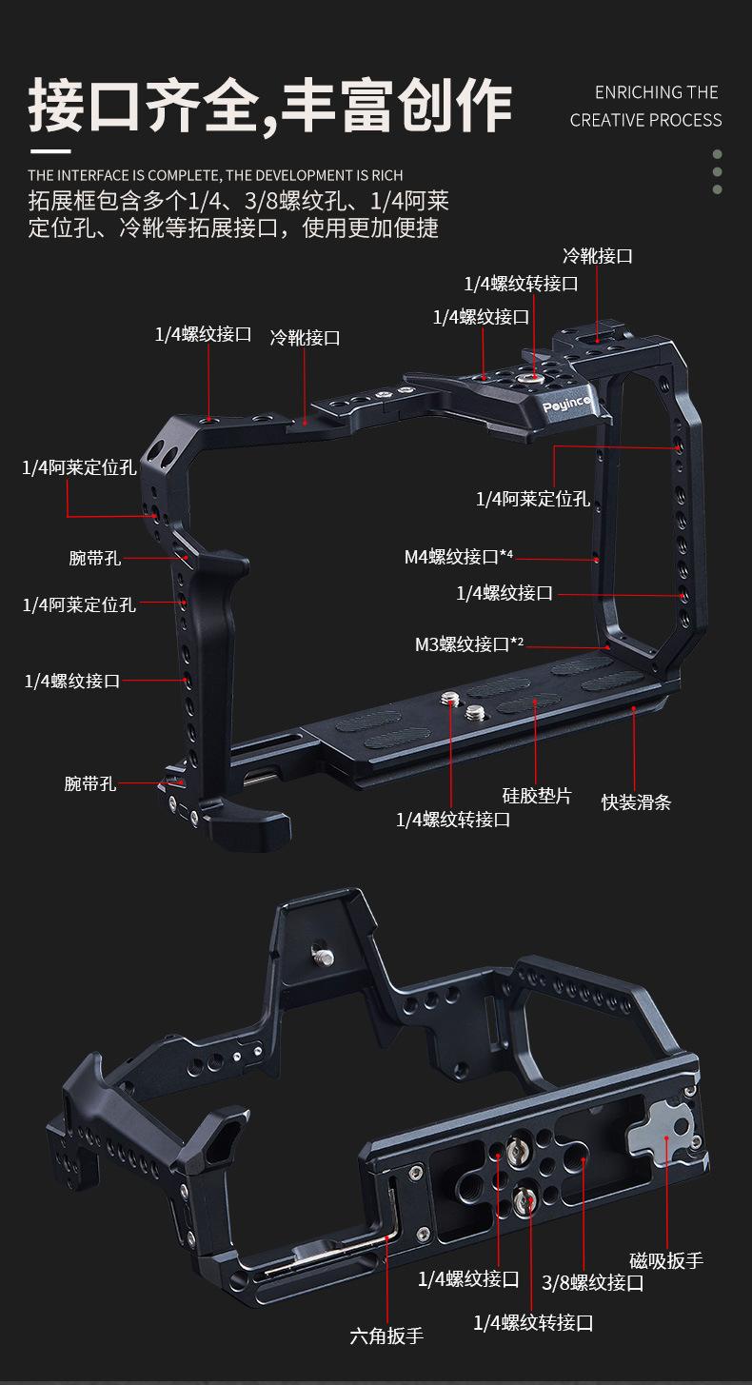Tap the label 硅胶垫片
pyautogui.click(x=537, y=796)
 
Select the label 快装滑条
pyautogui.click(x=636, y=801)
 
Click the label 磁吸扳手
pyautogui.click(x=666, y=1260)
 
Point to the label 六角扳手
pyautogui.click(x=386, y=1336)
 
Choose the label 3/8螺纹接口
pyautogui.click(x=592, y=1282)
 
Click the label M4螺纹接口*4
pyautogui.click(x=458, y=557)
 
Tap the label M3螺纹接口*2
pyautogui.click(x=468, y=644)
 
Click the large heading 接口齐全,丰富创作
pyautogui.click(x=270, y=105)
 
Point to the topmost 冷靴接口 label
pyautogui.click(x=598, y=256)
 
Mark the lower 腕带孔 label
pyautogui.click(x=90, y=783)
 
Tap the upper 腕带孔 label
pyautogui.click(x=94, y=558)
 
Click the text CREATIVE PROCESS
pyautogui.click(x=645, y=120)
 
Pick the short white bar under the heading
pyautogui.click(x=50, y=150)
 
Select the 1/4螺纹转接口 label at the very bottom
pyautogui.click(x=533, y=1322)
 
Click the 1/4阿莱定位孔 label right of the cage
pyautogui.click(x=532, y=499)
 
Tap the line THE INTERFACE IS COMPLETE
pyautogui.click(x=215, y=175)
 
